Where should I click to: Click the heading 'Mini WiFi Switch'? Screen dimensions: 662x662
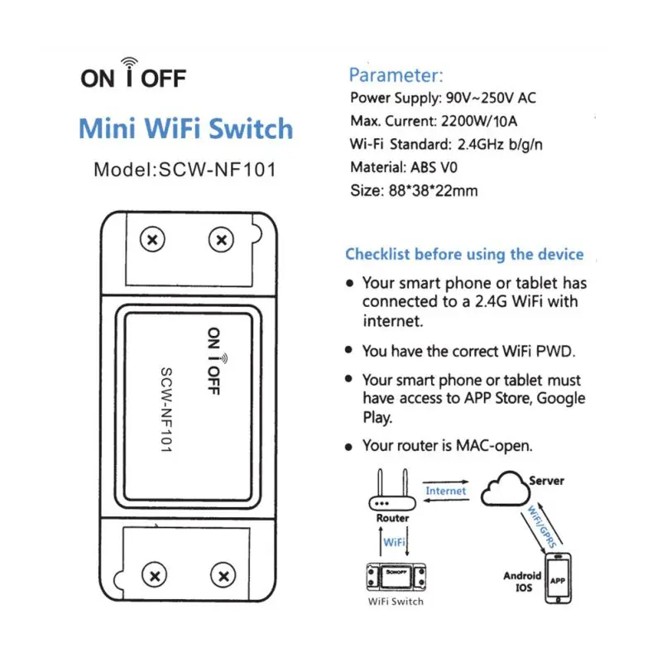pos(185,130)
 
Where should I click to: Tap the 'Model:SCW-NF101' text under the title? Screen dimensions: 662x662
pos(184,170)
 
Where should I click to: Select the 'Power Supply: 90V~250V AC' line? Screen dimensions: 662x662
pos(444,98)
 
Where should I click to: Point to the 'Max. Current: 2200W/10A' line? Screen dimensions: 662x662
pos(436,122)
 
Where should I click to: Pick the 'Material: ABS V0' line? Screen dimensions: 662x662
pos(404,167)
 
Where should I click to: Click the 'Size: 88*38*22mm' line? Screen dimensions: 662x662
pos(414,190)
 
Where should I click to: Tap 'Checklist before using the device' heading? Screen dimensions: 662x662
pos(464,254)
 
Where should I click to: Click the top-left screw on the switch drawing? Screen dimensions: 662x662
pos(152,241)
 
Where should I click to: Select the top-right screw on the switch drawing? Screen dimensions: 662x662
pos(220,241)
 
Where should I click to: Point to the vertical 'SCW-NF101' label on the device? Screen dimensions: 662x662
pos(165,409)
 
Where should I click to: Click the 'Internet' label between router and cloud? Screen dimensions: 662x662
pos(446,491)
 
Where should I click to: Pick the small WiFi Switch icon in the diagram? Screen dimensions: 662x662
pos(395,576)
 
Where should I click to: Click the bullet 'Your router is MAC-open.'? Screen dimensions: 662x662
pos(447,446)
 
